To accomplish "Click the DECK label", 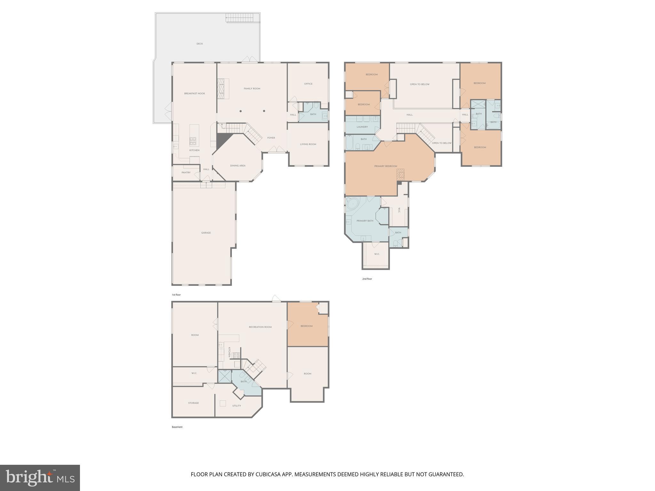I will click(x=200, y=44).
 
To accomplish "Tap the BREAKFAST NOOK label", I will click(x=194, y=94).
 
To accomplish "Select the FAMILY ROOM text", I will click(x=252, y=89).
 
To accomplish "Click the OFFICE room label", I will click(x=308, y=84).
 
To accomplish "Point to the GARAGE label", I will click(x=206, y=233).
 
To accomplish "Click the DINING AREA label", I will click(x=238, y=166).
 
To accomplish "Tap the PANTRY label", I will click(x=186, y=173).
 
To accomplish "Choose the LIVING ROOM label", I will click(x=308, y=144).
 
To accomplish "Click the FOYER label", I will click(x=271, y=138).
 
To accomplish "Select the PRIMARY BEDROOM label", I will click(x=386, y=166).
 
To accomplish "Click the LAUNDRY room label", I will click(x=362, y=127).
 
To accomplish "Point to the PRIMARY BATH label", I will click(x=365, y=221).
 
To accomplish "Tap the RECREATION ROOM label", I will click(x=260, y=327).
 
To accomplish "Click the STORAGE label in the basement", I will click(x=193, y=403).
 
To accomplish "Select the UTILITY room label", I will click(x=237, y=406).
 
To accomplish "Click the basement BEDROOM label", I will click(x=306, y=326).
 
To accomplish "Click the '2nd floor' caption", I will click(x=367, y=279).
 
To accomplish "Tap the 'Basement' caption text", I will click(x=177, y=427).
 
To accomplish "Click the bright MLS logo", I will click(x=40, y=478).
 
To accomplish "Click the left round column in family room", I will click(x=241, y=111).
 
